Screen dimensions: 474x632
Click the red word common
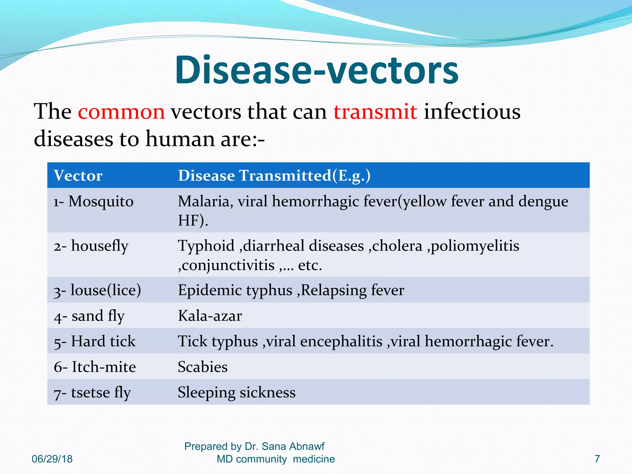click(x=121, y=112)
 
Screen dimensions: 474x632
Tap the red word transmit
click(x=375, y=112)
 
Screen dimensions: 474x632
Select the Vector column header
click(x=78, y=176)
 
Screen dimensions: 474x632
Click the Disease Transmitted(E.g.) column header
click(x=274, y=176)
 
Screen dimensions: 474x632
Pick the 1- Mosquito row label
click(x=94, y=202)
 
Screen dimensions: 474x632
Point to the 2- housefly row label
click(x=91, y=246)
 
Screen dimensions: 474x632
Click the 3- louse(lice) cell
click(x=97, y=290)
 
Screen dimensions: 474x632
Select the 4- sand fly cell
click(x=89, y=316)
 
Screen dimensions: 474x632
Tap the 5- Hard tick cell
click(x=94, y=342)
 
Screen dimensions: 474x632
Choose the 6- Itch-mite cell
click(x=95, y=367)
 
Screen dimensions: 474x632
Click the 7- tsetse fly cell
click(x=92, y=393)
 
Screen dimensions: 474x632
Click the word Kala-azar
click(x=210, y=316)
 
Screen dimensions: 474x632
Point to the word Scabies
click(x=203, y=367)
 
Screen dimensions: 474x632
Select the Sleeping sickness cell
click(x=237, y=393)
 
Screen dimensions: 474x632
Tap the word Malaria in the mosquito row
click(x=204, y=202)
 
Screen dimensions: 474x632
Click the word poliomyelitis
click(x=475, y=246)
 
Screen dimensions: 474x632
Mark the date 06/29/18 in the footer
click(x=52, y=459)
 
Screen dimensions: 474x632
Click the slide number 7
click(x=597, y=459)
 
